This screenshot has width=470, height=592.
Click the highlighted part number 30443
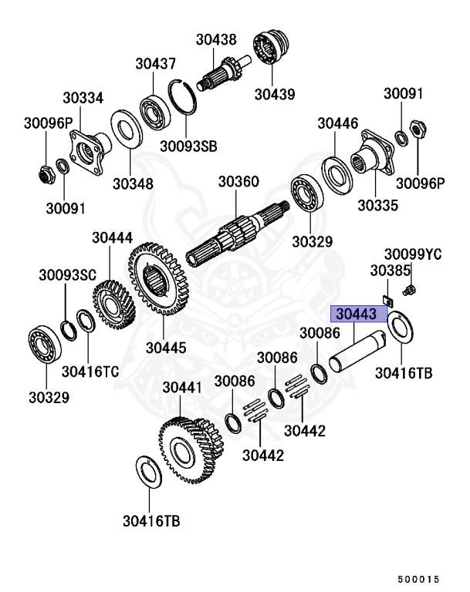[357, 314]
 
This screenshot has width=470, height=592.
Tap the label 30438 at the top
[216, 39]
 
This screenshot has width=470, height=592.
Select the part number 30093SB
[188, 146]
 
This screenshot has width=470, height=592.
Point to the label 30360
[238, 182]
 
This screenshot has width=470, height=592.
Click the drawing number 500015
[418, 579]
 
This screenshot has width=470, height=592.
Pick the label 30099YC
[413, 254]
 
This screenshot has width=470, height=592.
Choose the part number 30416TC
[90, 372]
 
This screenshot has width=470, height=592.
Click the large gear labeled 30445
[158, 279]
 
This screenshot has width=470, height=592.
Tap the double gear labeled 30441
[191, 450]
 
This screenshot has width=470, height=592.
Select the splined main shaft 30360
[238, 232]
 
